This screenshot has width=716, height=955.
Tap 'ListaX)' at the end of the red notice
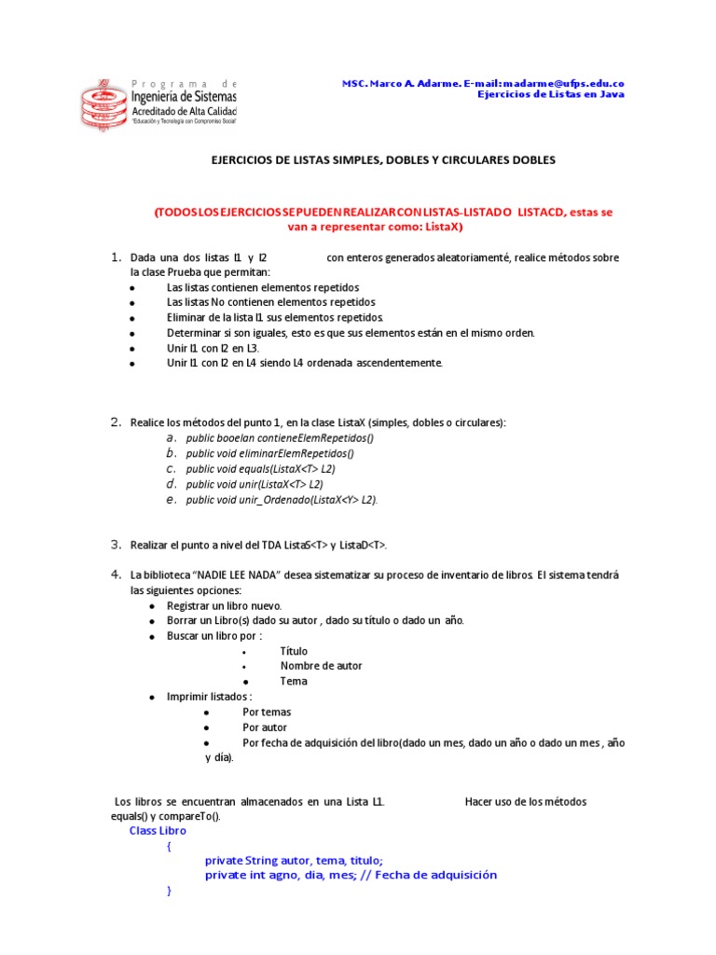coord(441,227)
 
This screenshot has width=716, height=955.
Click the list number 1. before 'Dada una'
coord(117,257)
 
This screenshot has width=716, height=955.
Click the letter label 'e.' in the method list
coord(172,499)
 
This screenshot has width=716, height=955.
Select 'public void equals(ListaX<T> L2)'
coord(260,469)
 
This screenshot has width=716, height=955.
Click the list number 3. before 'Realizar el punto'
coord(117,545)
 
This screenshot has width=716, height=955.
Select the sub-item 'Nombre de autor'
coord(321,666)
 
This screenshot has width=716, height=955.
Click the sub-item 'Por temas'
coord(267,712)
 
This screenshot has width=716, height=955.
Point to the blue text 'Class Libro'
coord(158,831)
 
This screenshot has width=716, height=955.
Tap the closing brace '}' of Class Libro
coord(169,892)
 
